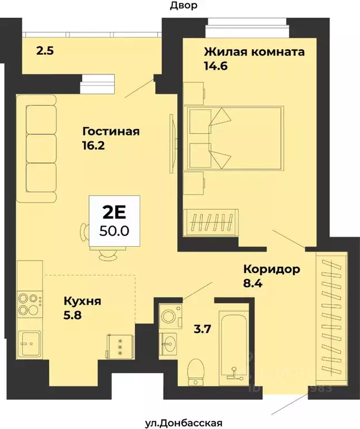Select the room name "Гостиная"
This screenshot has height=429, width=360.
coord(110,132)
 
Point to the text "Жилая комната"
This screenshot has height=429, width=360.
coord(254,52)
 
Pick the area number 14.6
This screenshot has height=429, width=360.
coord(216,65)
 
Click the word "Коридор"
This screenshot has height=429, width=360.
coord(272,269)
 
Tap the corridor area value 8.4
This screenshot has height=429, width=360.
coord(253,283)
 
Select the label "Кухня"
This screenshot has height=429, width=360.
coord(82,301)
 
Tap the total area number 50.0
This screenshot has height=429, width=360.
coord(114,229)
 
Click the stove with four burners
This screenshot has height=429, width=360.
coord(30,303)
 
